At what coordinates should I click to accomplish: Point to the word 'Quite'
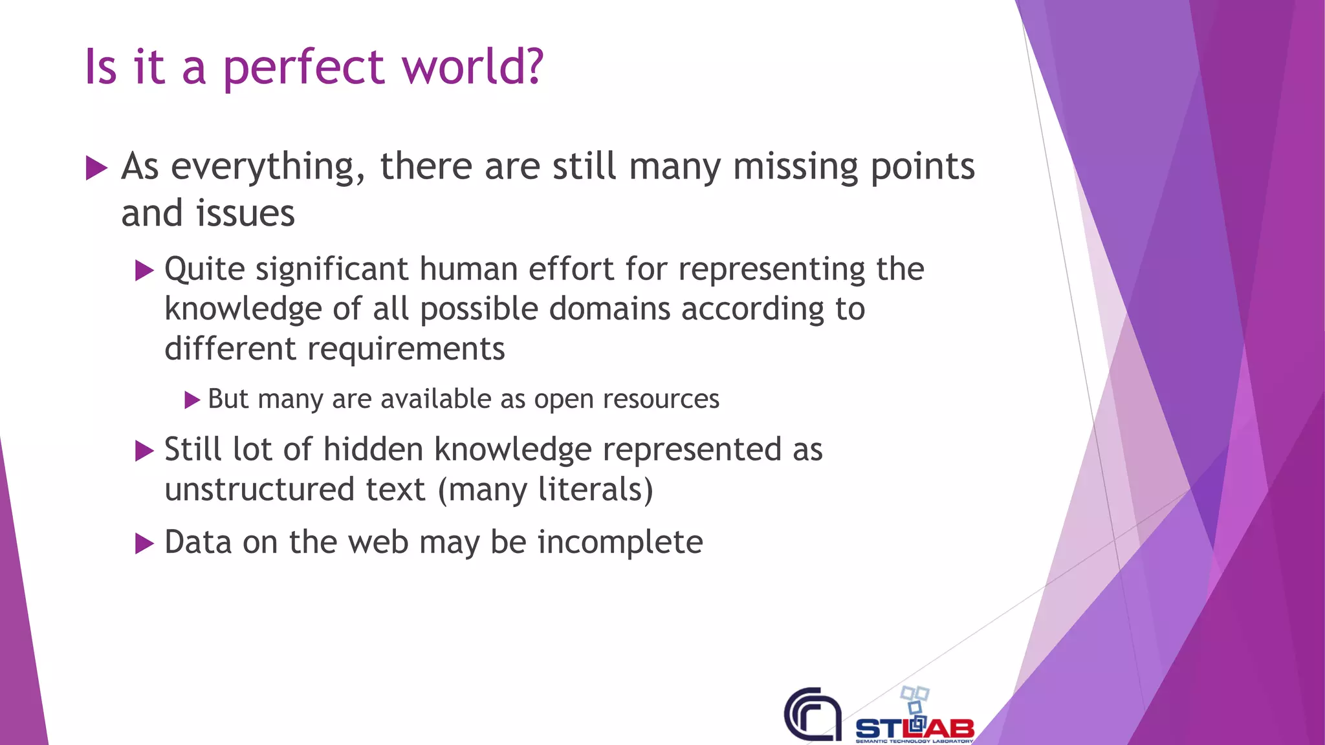point(204,269)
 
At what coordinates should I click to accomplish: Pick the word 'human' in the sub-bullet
point(468,269)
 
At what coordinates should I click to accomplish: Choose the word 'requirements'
point(406,349)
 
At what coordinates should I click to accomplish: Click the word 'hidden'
point(373,449)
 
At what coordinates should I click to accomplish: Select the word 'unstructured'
point(259,490)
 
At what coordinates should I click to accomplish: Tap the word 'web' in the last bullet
point(378,542)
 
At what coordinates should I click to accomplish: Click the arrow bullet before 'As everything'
point(96,169)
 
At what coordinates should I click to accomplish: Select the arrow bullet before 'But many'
point(192,400)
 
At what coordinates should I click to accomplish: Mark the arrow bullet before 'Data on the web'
point(144,544)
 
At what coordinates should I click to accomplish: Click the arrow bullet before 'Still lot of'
point(144,451)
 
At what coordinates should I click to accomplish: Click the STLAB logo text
point(915,729)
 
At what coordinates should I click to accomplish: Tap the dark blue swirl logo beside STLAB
point(813,715)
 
